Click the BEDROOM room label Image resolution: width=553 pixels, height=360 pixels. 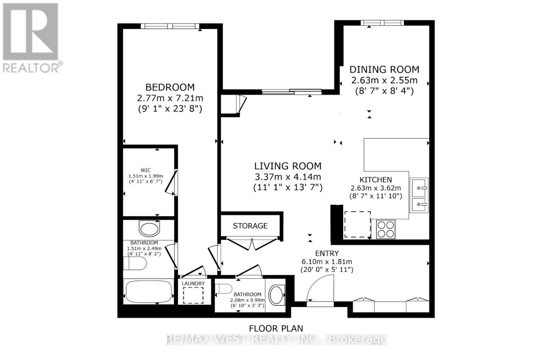[x=170, y=87]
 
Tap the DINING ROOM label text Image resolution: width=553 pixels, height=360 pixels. [x=384, y=69]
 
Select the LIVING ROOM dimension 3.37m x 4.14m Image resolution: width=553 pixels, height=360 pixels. [x=288, y=177]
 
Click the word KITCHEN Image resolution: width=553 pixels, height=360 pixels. [x=376, y=180]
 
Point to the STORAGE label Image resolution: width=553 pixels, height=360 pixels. [x=250, y=226]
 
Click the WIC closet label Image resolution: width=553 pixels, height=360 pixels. [x=146, y=170]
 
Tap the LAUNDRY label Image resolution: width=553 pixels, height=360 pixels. [x=193, y=284]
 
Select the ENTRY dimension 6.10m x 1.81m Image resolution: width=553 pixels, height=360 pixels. [x=326, y=262]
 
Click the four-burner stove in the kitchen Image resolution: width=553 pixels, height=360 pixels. [x=386, y=229]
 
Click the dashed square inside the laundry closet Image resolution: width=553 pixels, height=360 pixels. [x=193, y=295]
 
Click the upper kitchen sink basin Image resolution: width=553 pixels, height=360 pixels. [x=419, y=188]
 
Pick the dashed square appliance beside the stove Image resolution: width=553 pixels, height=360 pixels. [x=357, y=224]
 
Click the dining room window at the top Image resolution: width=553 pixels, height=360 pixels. [x=382, y=23]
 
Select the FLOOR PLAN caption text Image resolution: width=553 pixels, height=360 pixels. [x=276, y=328]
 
